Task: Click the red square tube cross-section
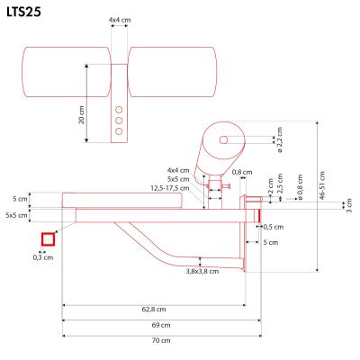coord(49,239)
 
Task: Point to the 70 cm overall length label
coord(160,340)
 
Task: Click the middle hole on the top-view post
coord(117,117)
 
